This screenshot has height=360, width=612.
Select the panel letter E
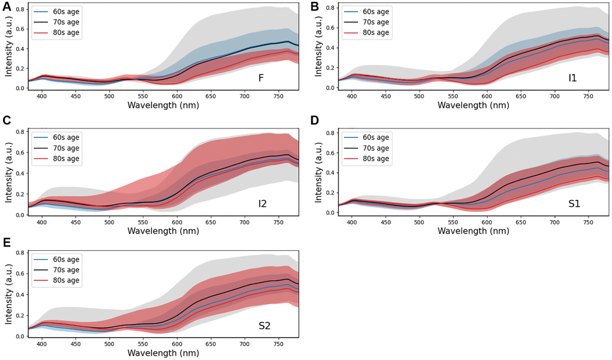[x=7, y=243]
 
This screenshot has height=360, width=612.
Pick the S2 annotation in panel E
[x=265, y=326]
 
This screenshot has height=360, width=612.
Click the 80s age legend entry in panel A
[x=66, y=32]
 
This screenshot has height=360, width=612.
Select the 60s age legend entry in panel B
[x=376, y=11]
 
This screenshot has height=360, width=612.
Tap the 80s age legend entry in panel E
[x=66, y=281]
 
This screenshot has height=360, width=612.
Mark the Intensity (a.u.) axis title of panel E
[x=8, y=293]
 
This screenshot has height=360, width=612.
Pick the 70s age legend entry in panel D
[x=376, y=148]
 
